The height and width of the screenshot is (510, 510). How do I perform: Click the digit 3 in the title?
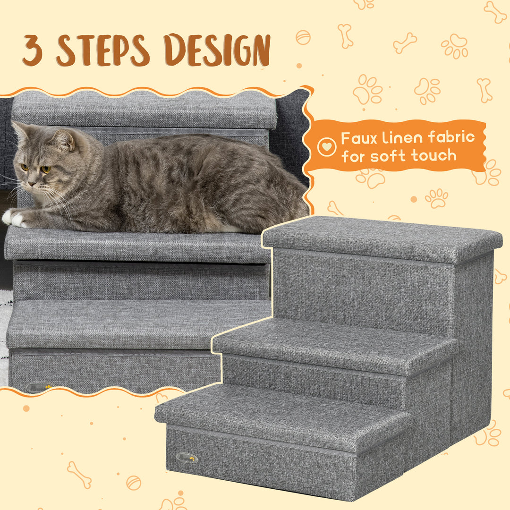coord(33,51)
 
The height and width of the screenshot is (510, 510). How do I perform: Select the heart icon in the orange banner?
coord(327,147)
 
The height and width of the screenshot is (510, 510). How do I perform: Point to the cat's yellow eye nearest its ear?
coord(45,169)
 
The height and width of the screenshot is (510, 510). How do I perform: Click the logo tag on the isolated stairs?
coord(187,457)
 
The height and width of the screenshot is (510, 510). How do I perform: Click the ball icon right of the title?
coord(303,37)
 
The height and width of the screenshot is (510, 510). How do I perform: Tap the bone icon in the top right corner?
coord(495,12)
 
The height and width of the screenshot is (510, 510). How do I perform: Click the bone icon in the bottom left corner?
coord(79,475)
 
